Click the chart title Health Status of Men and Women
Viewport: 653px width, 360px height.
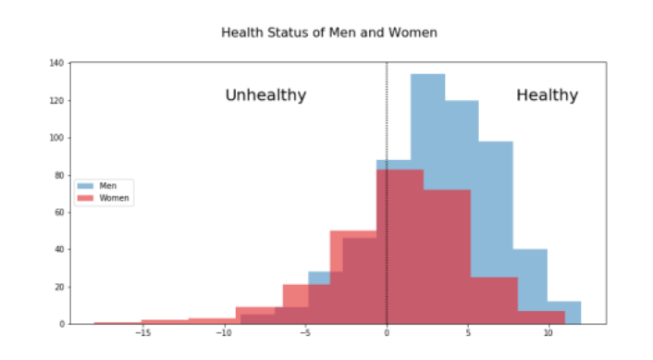tap(328, 32)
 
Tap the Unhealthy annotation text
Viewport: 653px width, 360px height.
tap(265, 95)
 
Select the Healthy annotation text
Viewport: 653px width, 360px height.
tap(547, 95)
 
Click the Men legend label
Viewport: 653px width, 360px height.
tap(107, 185)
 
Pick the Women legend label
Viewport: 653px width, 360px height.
tap(114, 198)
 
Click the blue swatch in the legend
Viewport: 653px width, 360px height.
tap(87, 185)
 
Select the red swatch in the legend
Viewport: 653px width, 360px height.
tap(87, 198)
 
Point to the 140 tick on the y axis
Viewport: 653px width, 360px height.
tap(57, 63)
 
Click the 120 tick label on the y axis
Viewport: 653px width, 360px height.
tap(57, 101)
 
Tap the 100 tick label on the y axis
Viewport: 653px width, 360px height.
tap(57, 138)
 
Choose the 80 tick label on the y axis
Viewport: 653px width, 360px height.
tap(59, 175)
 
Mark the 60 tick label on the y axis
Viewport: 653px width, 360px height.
tap(59, 213)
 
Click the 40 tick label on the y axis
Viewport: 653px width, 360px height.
tap(59, 250)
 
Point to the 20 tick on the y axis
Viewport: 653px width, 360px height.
tap(59, 287)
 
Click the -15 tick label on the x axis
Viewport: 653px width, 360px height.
tap(142, 333)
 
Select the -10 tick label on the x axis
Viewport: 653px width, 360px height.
tap(224, 333)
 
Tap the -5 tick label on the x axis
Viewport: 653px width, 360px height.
tap(305, 333)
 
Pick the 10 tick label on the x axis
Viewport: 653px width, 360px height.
tap(548, 333)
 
